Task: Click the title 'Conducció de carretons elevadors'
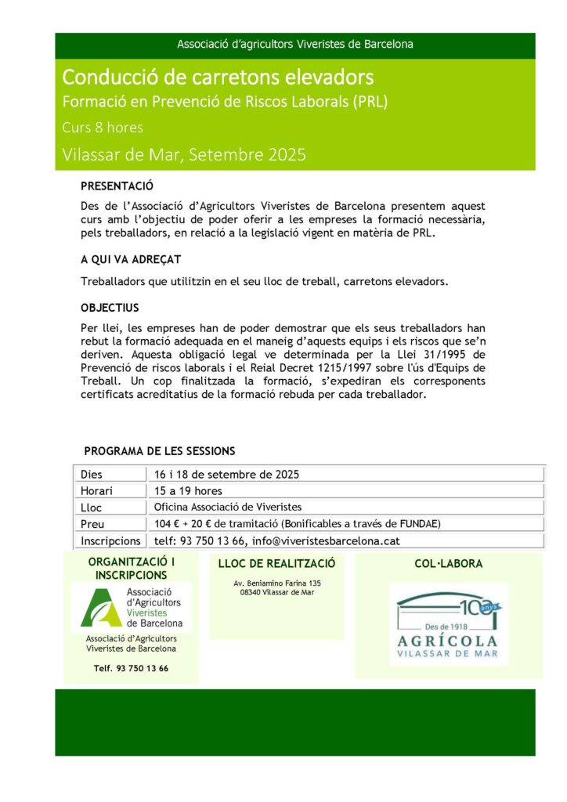click(x=218, y=78)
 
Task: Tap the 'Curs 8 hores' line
click(x=103, y=128)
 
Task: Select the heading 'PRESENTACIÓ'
click(x=117, y=186)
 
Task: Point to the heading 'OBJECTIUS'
click(x=110, y=308)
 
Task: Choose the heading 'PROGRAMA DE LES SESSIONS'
click(x=159, y=451)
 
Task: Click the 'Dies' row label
click(x=92, y=475)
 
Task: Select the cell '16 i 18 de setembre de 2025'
click(x=226, y=475)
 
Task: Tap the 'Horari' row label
click(x=96, y=491)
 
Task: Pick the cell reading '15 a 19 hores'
click(x=188, y=491)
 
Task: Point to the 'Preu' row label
click(x=92, y=524)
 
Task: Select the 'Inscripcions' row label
click(x=110, y=540)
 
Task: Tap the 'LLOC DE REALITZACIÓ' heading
click(x=277, y=563)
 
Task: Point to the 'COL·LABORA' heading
click(x=448, y=563)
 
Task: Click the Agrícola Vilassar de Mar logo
click(x=448, y=624)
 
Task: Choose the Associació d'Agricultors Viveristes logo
click(x=131, y=607)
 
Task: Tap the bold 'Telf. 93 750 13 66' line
click(x=131, y=668)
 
